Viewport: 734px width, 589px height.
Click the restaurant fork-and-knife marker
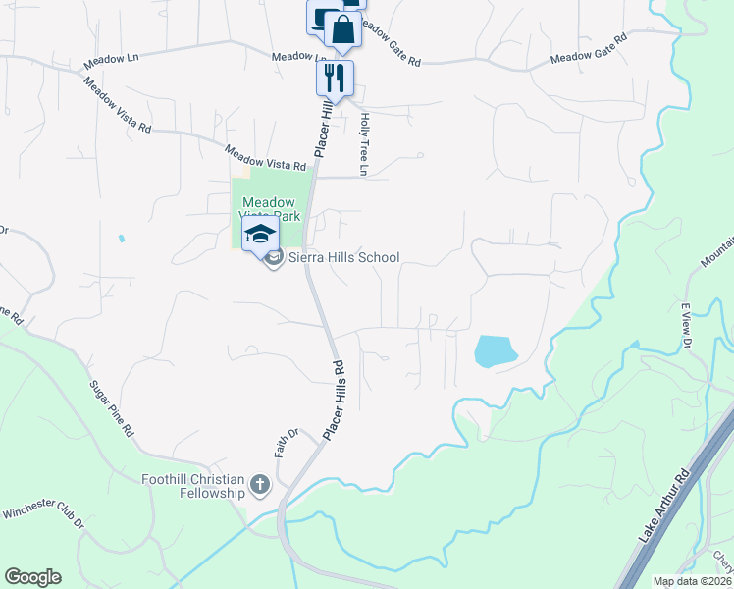tap(335, 78)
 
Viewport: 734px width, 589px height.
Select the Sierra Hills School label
tap(343, 258)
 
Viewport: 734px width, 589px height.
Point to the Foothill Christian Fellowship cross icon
tap(260, 483)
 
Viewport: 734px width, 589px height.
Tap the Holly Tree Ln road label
tap(363, 144)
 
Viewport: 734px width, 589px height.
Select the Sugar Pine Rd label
tap(110, 408)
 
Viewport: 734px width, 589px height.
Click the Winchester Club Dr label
tap(43, 518)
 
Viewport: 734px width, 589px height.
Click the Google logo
tap(32, 577)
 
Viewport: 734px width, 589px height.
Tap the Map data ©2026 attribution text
tap(692, 581)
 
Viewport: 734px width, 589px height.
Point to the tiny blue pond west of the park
tap(121, 239)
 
